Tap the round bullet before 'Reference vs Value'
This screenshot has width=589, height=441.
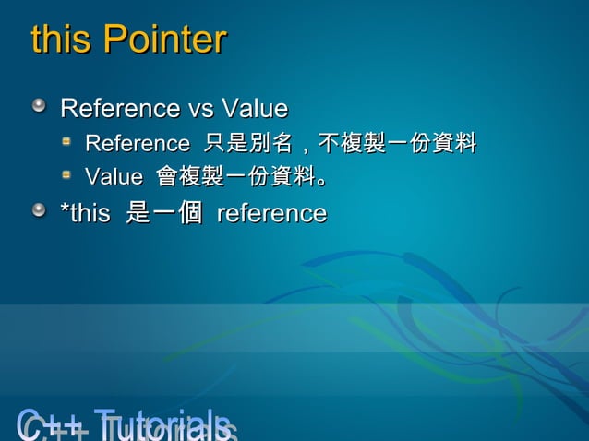click(39, 108)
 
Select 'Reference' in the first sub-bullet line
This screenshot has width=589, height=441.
click(137, 144)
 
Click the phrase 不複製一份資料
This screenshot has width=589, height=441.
click(397, 144)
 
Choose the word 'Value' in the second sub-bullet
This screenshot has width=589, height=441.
click(114, 176)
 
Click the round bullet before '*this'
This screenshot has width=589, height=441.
click(39, 213)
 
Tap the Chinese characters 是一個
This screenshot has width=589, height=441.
click(163, 214)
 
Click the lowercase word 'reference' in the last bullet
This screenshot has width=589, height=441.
click(271, 214)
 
